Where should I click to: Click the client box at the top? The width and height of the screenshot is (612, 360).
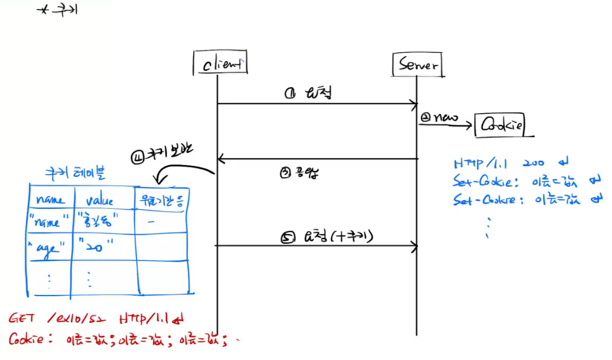220,64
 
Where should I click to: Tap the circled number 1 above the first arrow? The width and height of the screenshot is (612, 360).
290,94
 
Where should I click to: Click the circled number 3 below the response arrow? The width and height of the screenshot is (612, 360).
285,173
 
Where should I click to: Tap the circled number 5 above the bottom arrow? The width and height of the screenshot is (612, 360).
286,238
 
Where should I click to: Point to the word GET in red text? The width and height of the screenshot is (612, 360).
22,318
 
